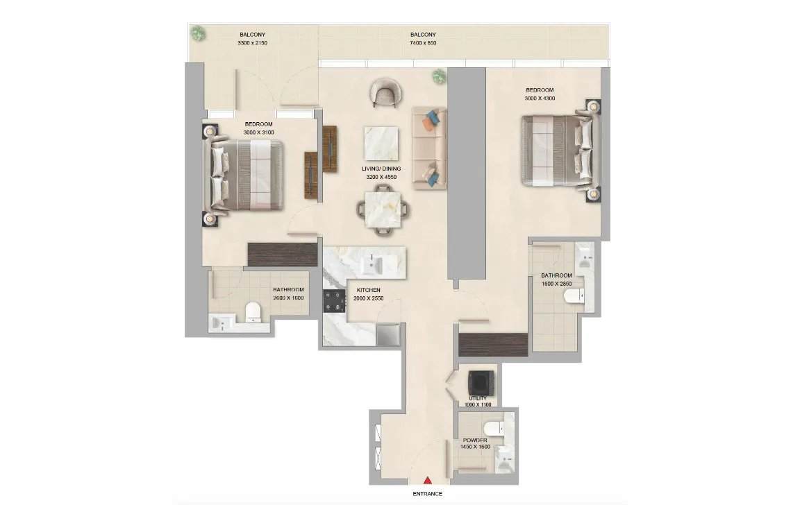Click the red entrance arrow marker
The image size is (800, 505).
click(x=428, y=480)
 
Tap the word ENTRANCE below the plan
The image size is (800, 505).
click(x=428, y=494)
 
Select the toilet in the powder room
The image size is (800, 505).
click(x=492, y=427)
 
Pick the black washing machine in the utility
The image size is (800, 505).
click(x=481, y=382)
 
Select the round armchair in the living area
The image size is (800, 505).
click(x=383, y=92)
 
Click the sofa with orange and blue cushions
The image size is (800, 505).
click(x=427, y=147)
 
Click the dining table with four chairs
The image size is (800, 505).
click(x=381, y=209)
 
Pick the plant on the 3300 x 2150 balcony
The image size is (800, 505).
click(x=199, y=33)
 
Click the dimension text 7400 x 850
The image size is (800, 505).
click(x=423, y=43)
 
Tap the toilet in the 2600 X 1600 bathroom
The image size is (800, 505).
click(x=253, y=311)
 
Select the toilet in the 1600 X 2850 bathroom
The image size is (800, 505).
click(x=574, y=297)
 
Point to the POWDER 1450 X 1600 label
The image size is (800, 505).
click(x=475, y=443)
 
